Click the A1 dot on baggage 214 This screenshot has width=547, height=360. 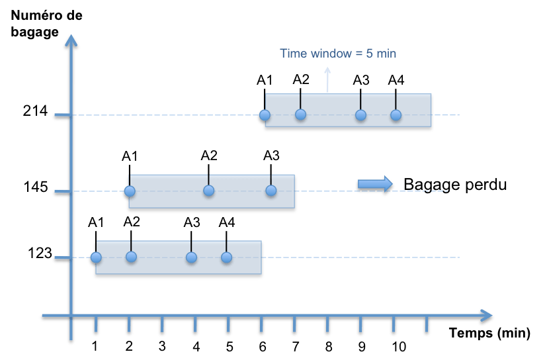(265, 115)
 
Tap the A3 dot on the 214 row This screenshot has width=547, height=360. (360, 115)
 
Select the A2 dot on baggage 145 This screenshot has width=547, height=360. (209, 191)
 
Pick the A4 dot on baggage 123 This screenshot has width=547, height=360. (227, 257)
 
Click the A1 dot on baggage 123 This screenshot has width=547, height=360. (96, 257)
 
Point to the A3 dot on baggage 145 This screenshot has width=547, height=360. (271, 191)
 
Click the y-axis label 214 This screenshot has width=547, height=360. (34, 112)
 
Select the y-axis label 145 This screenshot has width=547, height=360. (34, 187)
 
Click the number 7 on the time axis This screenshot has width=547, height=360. (295, 347)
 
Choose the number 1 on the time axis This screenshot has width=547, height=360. (95, 347)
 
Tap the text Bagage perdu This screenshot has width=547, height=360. (455, 185)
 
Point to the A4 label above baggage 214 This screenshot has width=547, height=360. (396, 80)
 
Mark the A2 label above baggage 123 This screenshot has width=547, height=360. (132, 221)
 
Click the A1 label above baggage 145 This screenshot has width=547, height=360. (130, 156)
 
